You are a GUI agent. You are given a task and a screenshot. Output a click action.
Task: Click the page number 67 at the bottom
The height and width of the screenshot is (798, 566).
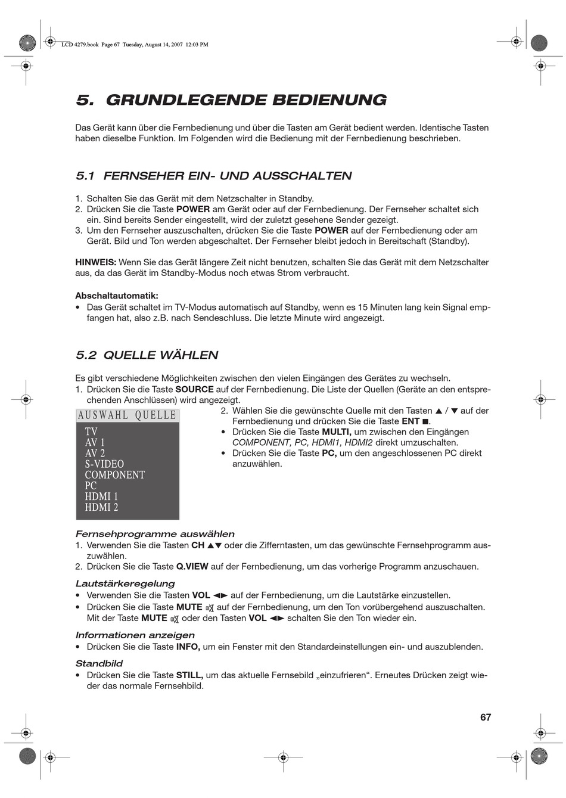pos(486,717)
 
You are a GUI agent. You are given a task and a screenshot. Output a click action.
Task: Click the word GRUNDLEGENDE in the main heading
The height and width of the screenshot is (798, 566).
pos(185,100)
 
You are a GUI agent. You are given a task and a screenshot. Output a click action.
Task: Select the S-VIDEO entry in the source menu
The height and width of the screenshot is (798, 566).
pos(104,464)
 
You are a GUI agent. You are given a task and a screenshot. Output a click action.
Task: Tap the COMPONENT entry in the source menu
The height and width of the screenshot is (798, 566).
pos(114,475)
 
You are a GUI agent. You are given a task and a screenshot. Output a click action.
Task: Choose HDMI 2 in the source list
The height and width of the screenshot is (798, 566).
pos(101,507)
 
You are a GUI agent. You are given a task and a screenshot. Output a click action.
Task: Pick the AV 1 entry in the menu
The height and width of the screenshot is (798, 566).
pos(95,443)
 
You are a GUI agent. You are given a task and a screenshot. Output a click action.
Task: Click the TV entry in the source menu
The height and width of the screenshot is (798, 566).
pos(91,431)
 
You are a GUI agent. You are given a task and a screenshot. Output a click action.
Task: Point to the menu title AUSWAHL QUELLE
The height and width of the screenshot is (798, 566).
pos(127,415)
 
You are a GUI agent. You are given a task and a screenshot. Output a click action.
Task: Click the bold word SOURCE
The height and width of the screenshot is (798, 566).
pos(194,389)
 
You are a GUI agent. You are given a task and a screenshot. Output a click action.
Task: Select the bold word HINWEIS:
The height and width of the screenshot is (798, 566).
pos(95,262)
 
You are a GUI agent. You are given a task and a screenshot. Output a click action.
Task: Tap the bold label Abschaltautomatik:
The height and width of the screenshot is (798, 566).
pos(117,296)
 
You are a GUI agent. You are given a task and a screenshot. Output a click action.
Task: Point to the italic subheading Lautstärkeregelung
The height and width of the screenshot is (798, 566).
pos(125,583)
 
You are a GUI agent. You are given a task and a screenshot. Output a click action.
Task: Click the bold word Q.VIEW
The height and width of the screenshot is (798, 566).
pos(192,566)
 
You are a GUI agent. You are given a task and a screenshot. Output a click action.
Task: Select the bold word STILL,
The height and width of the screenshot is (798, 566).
pos(189,675)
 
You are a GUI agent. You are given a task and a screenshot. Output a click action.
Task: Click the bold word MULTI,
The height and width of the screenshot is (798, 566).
pos(337,432)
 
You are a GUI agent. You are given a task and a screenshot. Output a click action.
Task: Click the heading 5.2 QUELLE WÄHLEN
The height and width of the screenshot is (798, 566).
pos(147,355)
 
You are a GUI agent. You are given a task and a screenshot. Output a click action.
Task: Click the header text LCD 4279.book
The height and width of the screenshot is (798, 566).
pos(79,44)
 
